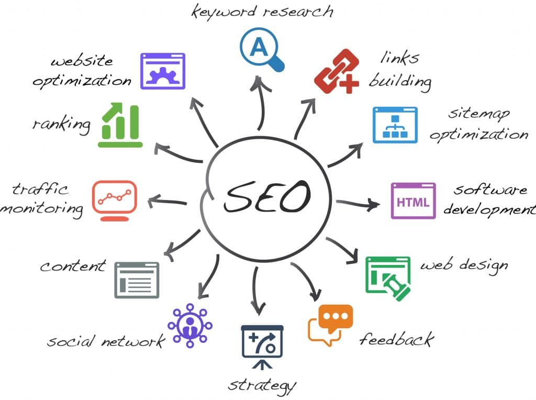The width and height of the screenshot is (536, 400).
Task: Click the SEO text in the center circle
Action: point(267,196)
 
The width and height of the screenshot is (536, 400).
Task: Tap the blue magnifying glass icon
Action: point(262,50)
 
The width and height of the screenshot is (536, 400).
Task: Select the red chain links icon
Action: point(337,71)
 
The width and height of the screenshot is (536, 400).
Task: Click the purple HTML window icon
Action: point(413,201)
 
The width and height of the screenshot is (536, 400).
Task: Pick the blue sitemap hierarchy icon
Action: point(395,125)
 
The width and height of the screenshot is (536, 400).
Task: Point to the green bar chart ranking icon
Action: point(120,125)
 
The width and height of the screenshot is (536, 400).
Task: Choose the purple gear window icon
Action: point(163,71)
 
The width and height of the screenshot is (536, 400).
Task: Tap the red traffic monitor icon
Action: point(115,201)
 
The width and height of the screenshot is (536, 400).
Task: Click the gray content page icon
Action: point(137,280)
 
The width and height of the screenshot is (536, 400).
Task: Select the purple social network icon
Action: point(190,326)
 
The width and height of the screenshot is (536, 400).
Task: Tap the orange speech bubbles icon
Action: point(330,326)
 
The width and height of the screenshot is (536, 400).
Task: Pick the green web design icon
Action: point(388,279)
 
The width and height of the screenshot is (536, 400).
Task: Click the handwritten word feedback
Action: point(397,339)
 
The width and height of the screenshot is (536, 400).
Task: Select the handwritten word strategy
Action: point(262,386)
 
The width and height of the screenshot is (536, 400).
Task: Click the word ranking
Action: point(62,125)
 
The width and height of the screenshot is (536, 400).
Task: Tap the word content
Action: point(73,266)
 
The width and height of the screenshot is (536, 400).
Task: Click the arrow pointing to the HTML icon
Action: point(358,204)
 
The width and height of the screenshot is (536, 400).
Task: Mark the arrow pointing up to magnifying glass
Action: point(261,103)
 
